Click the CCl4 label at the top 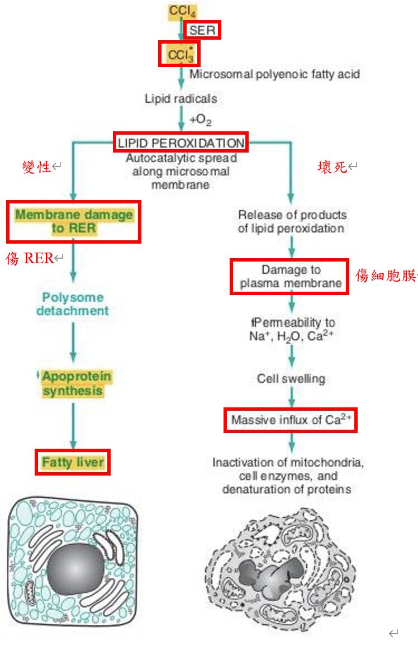(x=182, y=11)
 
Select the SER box (x=202, y=30)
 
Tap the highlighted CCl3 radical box (x=179, y=54)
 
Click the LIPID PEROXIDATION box (x=181, y=142)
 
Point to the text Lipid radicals (x=181, y=98)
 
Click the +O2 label (x=201, y=120)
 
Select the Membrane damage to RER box (x=74, y=222)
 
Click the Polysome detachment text (x=73, y=304)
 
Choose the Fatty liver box (x=73, y=462)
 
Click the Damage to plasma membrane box (x=289, y=277)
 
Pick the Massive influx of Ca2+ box (x=291, y=420)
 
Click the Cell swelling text (x=291, y=379)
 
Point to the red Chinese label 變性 (x=36, y=167)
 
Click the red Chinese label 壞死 (x=332, y=167)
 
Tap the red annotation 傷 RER (x=30, y=258)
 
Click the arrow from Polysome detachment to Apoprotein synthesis (x=73, y=343)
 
